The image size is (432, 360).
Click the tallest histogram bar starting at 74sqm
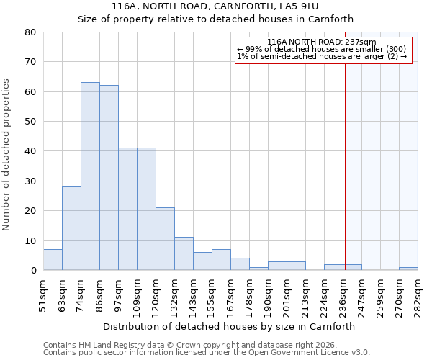pyautogui.click(x=90, y=176)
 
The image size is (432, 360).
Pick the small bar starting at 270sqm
pyautogui.click(x=408, y=269)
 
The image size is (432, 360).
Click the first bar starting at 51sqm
pyautogui.click(x=53, y=260)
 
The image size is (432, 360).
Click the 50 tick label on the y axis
pyautogui.click(x=30, y=122)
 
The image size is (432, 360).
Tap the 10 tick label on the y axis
pyautogui.click(x=30, y=241)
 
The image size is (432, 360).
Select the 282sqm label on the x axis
pyautogui.click(x=418, y=296)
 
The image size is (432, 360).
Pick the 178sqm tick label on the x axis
pyautogui.click(x=250, y=296)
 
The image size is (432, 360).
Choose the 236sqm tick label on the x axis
pyautogui.click(x=343, y=296)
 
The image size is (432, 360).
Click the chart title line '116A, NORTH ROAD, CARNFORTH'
pyautogui.click(x=215, y=6)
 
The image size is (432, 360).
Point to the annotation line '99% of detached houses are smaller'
pyautogui.click(x=321, y=50)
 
